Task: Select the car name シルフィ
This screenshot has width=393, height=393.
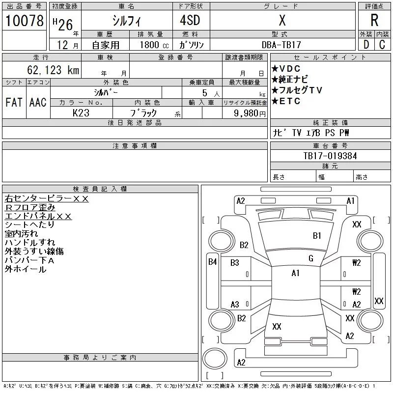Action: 126,21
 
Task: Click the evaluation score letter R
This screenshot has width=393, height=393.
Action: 374,21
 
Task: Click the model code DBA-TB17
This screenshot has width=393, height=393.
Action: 281,45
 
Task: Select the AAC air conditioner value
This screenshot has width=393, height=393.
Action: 38,102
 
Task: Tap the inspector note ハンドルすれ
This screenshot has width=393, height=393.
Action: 29,242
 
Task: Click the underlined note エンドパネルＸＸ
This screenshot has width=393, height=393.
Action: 38,216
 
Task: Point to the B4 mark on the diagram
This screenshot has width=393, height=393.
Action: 212,262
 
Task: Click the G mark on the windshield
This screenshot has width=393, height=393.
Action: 310,258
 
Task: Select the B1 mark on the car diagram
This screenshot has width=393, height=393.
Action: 317,236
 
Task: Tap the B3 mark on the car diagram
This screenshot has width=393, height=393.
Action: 234,263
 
